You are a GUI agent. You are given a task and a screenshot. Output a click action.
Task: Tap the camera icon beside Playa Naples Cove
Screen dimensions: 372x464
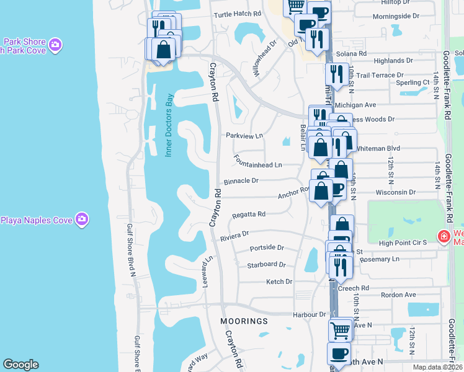click(82, 219)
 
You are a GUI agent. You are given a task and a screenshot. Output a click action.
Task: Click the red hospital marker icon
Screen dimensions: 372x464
click(444, 236)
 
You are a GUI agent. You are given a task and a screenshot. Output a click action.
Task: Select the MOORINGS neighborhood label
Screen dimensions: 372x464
click(244, 321)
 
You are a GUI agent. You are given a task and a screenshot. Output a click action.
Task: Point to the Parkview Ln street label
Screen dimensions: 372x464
click(244, 135)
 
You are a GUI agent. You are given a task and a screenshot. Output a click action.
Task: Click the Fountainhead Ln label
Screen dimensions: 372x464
click(258, 165)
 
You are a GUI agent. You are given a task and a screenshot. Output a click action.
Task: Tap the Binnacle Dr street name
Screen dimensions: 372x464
click(241, 180)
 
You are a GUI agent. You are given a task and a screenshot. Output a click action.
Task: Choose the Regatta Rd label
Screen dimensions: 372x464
click(248, 214)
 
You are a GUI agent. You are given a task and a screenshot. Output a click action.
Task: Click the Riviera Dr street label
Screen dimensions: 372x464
click(234, 235)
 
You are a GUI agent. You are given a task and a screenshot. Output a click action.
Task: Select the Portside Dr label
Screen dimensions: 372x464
click(266, 247)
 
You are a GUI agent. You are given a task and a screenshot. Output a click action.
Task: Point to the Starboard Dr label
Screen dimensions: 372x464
click(266, 264)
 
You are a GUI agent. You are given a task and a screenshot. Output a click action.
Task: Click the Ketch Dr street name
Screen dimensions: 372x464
click(279, 281)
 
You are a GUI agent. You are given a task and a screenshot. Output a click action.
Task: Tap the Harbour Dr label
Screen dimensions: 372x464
click(310, 315)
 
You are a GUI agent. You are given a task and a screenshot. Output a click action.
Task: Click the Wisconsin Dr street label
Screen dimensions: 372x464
click(395, 192)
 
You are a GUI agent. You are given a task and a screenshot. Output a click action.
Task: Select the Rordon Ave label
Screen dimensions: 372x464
click(398, 295)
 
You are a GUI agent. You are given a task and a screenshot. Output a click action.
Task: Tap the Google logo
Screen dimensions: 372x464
click(20, 365)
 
